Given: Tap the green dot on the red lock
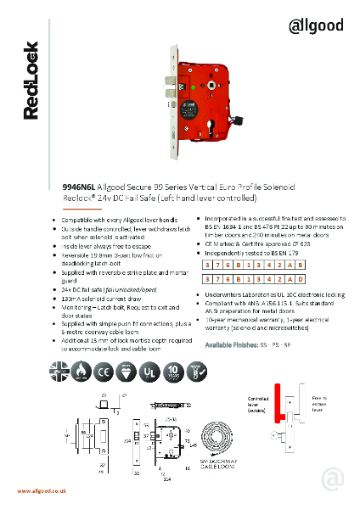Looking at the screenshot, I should [x=194, y=84].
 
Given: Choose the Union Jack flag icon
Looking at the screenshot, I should [x=59, y=366].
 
